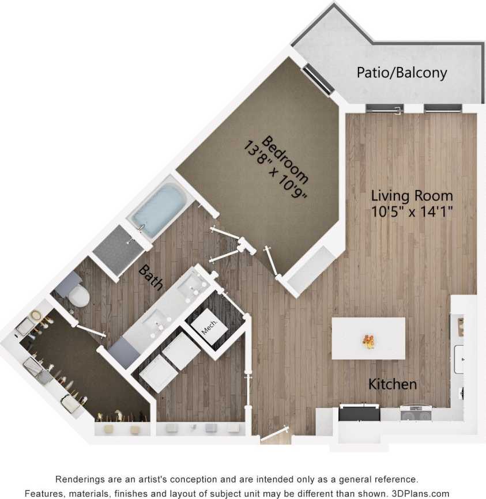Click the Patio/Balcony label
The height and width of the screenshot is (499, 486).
click(402, 73)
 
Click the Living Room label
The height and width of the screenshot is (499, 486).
click(412, 195)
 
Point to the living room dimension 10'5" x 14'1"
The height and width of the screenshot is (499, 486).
click(412, 211)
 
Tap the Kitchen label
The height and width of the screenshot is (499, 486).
click(393, 384)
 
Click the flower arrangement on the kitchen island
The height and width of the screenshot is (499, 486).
click(368, 341)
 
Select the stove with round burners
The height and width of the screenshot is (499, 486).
click(416, 414)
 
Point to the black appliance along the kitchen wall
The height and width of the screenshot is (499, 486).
click(359, 413)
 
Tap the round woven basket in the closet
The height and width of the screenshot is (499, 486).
click(36, 315)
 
